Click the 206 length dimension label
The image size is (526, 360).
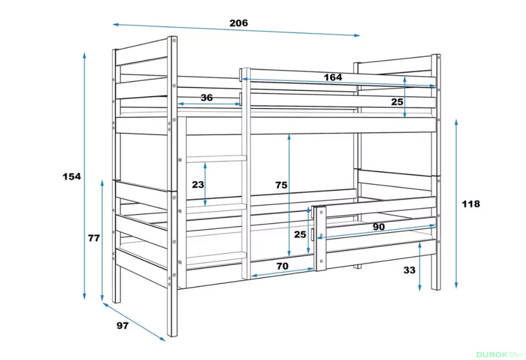238,23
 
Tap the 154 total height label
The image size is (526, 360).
72,176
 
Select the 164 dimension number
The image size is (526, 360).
333,77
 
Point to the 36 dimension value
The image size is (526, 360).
207,98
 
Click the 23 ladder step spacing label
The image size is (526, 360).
198,184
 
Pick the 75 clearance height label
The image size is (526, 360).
281,185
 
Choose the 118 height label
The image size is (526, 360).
471,204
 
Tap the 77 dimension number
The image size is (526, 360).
94,238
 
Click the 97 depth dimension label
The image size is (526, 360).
122,326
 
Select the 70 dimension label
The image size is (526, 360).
282,266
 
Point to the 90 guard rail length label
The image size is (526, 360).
379,227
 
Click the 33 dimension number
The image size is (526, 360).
409,270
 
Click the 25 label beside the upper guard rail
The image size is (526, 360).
397,102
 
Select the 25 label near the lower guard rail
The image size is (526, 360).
300,234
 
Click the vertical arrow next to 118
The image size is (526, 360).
456,204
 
